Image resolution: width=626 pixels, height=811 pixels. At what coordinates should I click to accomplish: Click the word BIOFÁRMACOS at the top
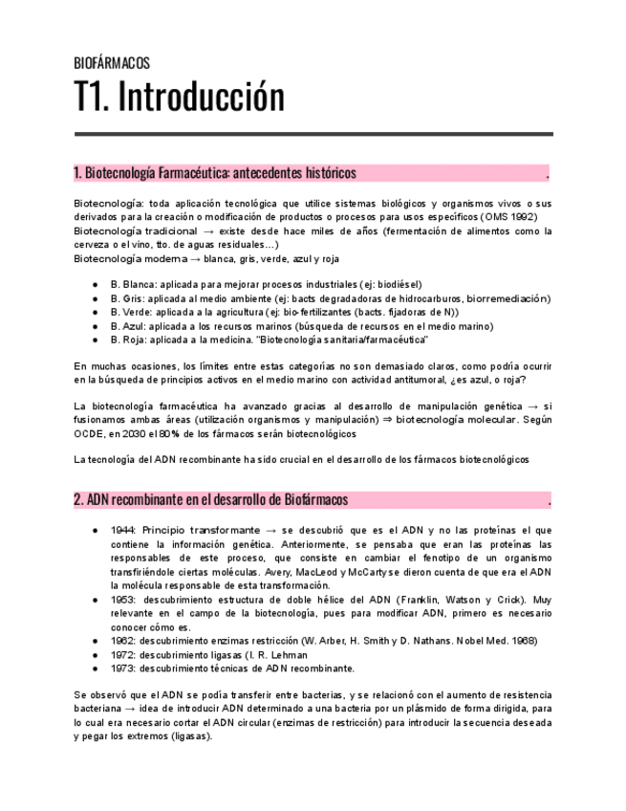pyautogui.click(x=112, y=64)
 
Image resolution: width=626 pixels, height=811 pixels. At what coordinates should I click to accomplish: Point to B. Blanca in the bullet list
pyautogui.click(x=133, y=284)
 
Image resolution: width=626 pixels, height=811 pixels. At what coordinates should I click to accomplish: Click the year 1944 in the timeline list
pyautogui.click(x=122, y=529)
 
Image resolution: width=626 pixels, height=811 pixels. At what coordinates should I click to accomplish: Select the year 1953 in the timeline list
pyautogui.click(x=122, y=599)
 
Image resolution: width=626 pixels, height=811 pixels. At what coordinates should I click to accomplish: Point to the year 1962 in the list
pyautogui.click(x=122, y=640)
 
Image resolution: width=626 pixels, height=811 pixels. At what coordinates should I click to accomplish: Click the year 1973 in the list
pyautogui.click(x=122, y=668)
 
